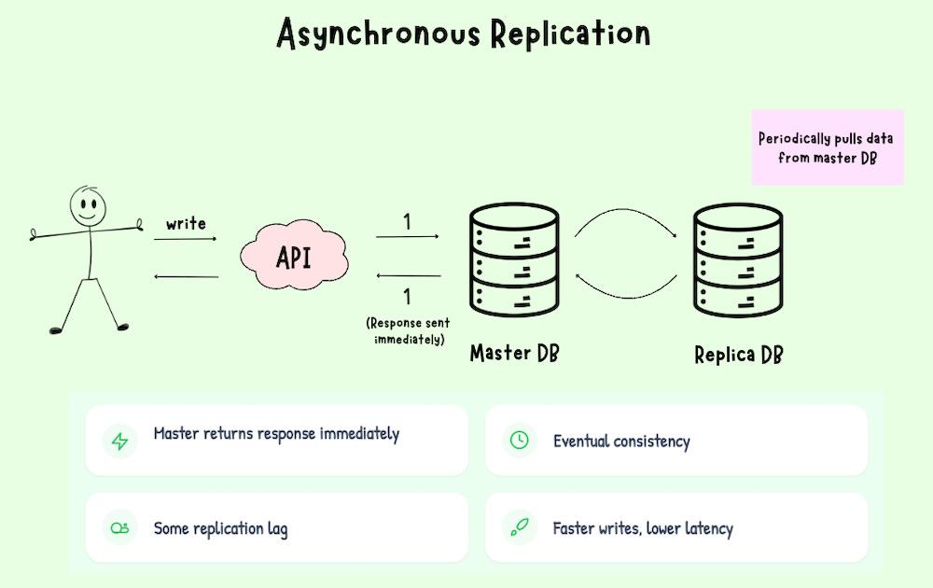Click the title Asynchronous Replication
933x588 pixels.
point(464,34)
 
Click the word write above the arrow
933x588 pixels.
point(186,224)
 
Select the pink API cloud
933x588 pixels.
point(294,257)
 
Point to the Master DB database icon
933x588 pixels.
point(513,262)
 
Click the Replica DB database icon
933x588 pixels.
point(737,262)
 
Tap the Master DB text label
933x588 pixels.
point(514,354)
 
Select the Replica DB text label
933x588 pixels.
point(738,355)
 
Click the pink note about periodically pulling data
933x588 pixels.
point(827,147)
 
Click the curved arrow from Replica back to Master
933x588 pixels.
point(625,286)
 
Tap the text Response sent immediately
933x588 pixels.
point(408,331)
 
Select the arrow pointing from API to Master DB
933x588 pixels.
point(407,237)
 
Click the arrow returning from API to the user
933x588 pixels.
point(186,276)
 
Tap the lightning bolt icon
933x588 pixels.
point(119,441)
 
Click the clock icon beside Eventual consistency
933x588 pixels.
point(520,441)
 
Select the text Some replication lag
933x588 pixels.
point(220,529)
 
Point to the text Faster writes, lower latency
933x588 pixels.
point(643,529)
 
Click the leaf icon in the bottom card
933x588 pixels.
point(520,528)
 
